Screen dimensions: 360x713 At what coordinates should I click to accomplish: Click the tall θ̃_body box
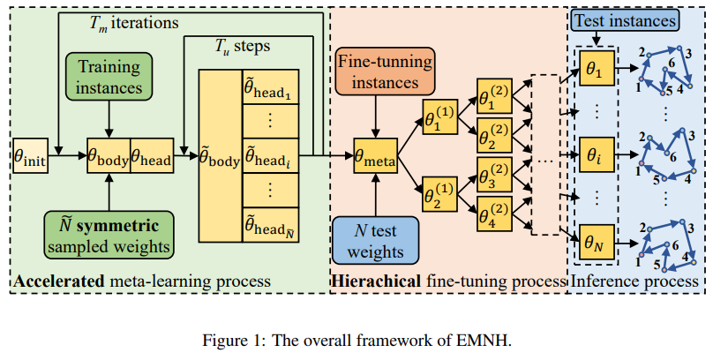pos(219,161)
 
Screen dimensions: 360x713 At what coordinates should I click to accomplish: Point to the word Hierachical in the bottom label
pos(377,281)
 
